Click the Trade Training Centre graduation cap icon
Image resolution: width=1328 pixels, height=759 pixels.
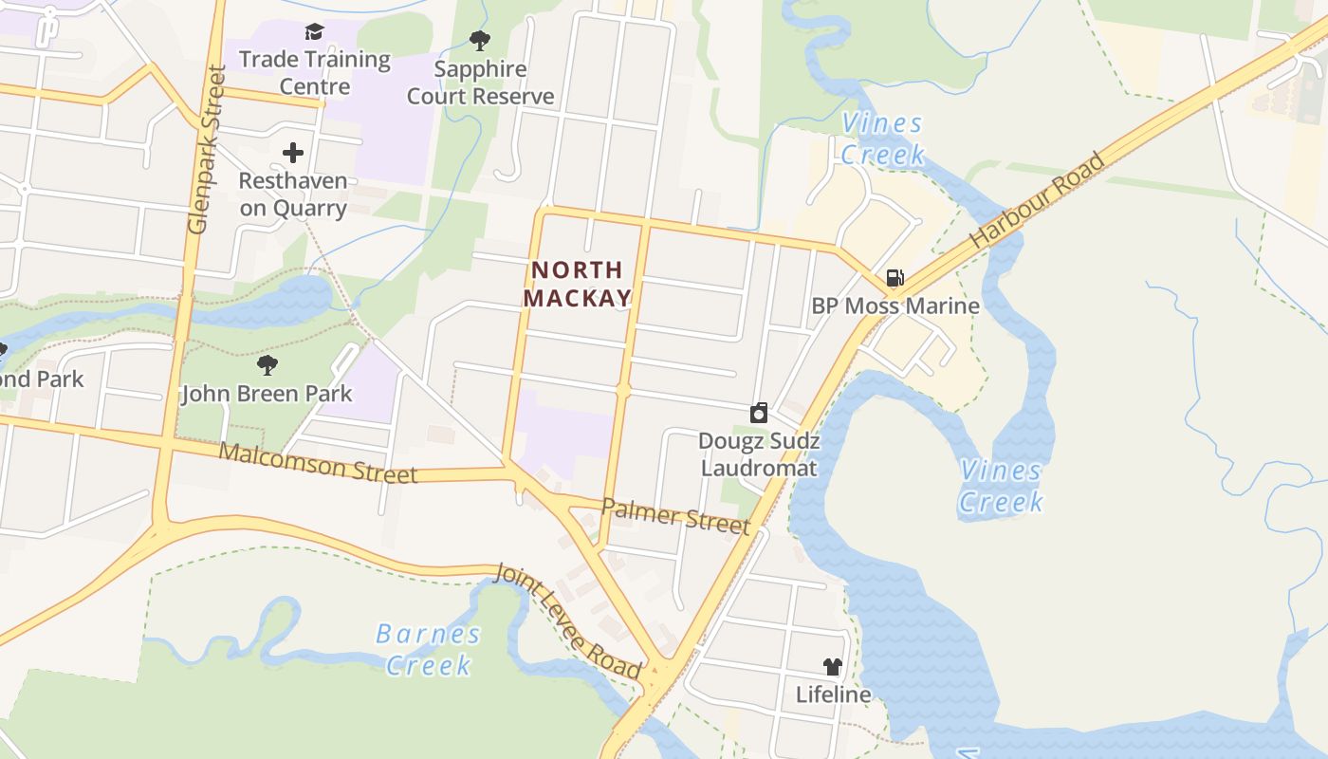(x=314, y=33)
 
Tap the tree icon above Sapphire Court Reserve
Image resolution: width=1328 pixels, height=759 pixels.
(x=480, y=41)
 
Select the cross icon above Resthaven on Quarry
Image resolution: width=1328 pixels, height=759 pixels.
(x=293, y=152)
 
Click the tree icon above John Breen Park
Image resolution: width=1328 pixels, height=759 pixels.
(x=267, y=364)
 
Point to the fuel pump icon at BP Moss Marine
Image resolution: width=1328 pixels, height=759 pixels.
(x=895, y=278)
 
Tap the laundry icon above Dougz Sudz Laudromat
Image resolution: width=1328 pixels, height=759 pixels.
(x=759, y=413)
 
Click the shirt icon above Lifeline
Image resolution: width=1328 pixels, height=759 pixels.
(x=833, y=667)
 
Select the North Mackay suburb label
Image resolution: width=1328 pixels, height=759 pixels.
(x=578, y=285)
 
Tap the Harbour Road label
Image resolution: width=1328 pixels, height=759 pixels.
(x=1038, y=200)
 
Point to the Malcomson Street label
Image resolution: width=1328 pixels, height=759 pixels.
(x=318, y=462)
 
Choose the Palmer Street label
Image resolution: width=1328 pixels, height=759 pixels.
(x=675, y=517)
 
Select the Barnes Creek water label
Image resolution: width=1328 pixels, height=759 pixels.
(x=428, y=650)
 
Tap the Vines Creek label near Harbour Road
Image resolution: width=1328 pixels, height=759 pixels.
(x=882, y=139)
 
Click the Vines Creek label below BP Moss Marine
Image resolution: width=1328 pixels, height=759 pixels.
(x=1001, y=485)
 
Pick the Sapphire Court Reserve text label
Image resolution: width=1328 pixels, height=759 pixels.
(x=481, y=83)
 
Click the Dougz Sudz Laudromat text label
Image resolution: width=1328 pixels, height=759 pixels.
(x=759, y=454)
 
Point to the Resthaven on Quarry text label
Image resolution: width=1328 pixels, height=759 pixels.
(x=293, y=194)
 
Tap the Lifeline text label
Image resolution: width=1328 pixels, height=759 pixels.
(x=833, y=694)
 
